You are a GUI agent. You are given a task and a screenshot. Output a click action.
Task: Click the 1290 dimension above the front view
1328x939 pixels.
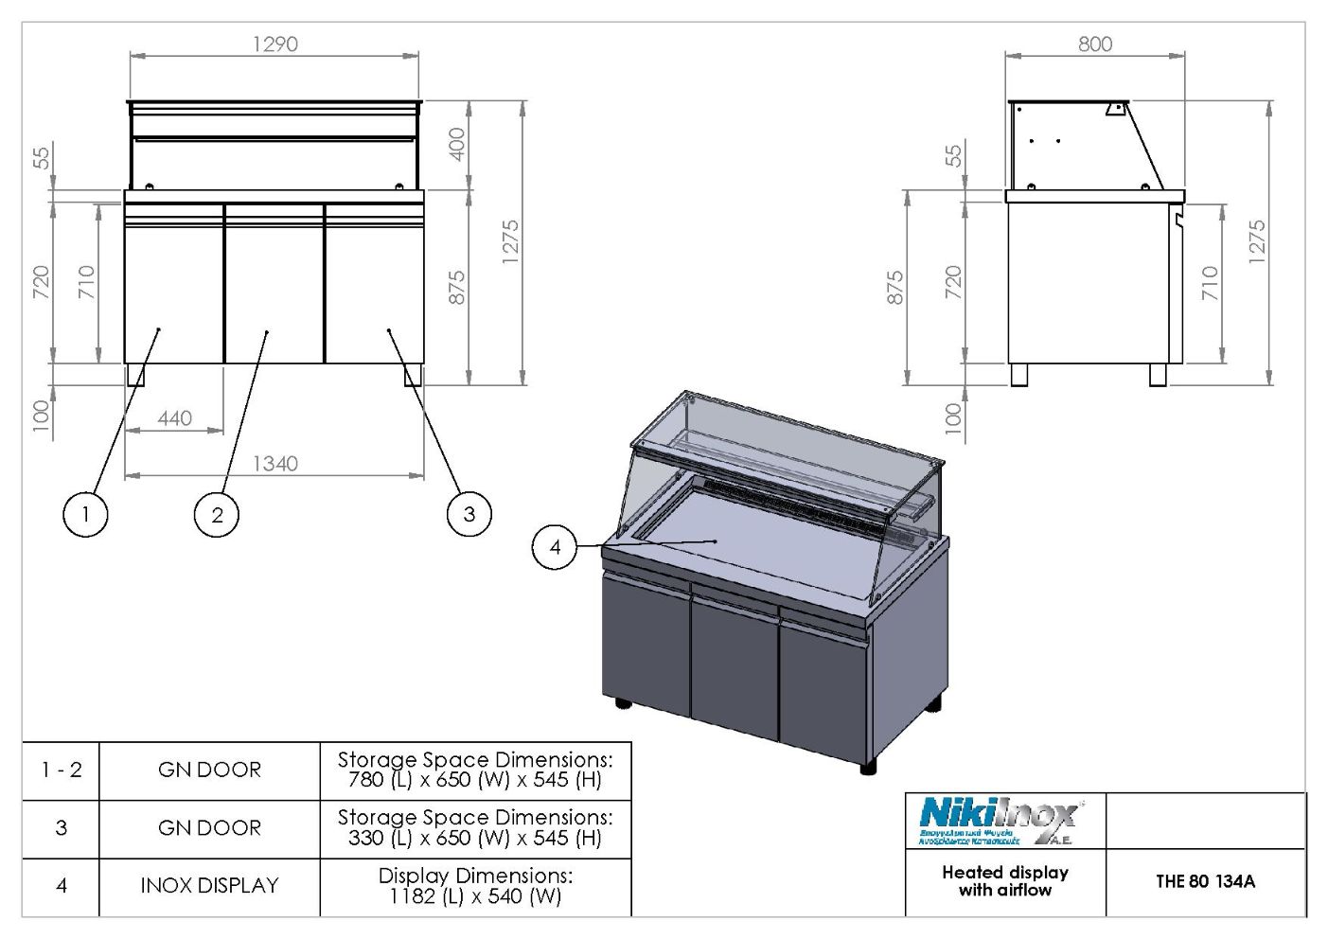(x=274, y=44)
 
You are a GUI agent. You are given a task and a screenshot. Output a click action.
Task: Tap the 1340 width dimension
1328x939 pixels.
(x=274, y=463)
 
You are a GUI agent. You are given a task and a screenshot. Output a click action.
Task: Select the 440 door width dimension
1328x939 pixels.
(x=175, y=417)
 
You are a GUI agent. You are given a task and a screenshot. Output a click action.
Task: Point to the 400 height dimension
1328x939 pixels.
(x=457, y=144)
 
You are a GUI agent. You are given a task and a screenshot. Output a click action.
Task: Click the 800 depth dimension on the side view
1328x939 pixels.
(x=1095, y=44)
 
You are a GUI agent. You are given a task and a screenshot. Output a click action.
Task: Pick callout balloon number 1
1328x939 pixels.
(x=85, y=514)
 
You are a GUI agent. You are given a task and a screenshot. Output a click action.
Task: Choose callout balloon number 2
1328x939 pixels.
(x=217, y=514)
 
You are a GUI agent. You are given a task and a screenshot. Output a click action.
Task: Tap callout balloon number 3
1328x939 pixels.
(x=469, y=514)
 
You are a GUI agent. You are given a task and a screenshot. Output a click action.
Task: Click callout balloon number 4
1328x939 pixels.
(x=556, y=546)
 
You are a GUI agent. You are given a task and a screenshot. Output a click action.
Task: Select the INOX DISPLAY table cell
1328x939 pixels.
(x=209, y=886)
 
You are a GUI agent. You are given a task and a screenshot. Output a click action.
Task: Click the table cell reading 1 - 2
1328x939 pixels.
(x=61, y=770)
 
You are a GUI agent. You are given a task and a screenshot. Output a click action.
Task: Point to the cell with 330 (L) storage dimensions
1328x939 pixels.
(x=475, y=827)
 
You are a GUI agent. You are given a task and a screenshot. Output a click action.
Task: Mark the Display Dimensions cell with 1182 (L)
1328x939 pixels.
(x=475, y=886)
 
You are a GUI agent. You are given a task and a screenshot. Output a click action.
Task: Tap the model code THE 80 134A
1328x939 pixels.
(x=1205, y=881)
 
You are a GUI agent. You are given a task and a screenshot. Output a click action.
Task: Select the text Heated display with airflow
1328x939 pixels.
(x=1005, y=881)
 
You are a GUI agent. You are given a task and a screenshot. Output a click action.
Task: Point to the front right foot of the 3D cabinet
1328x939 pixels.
(x=868, y=766)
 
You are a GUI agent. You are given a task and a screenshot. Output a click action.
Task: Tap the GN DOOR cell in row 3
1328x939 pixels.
(x=209, y=827)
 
